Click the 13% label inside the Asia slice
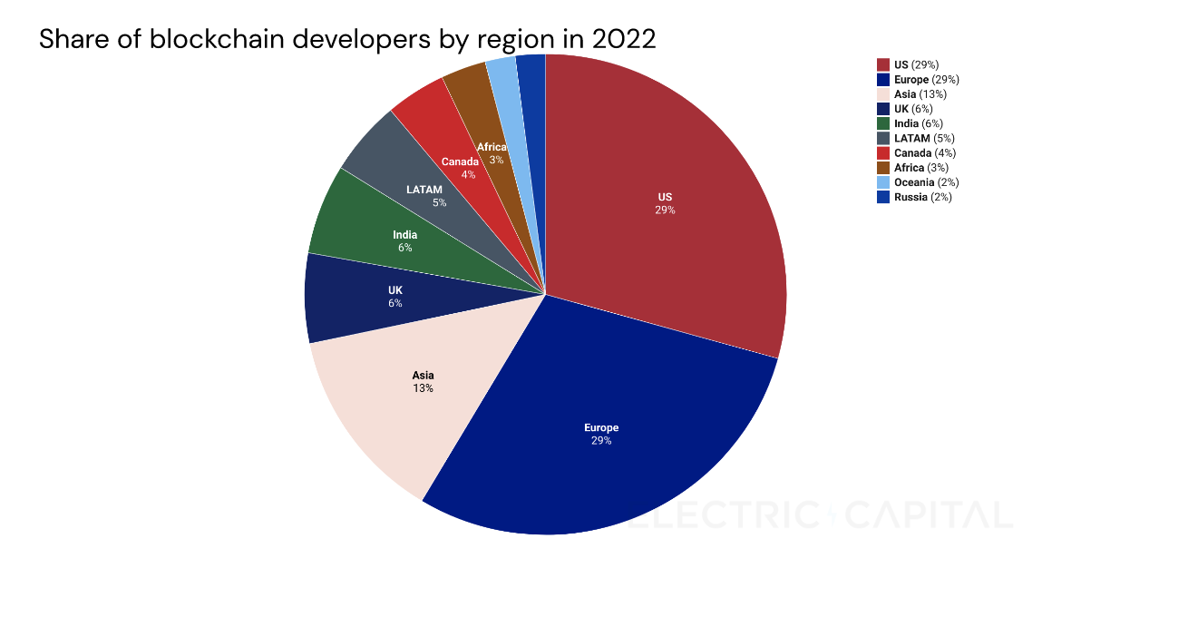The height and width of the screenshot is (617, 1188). pyautogui.click(x=423, y=388)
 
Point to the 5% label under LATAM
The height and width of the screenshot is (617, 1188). pyautogui.click(x=440, y=202)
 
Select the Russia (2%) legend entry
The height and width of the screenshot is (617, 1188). pyautogui.click(x=921, y=197)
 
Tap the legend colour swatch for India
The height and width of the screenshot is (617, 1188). pyautogui.click(x=883, y=123)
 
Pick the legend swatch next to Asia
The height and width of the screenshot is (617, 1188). pyautogui.click(x=883, y=94)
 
